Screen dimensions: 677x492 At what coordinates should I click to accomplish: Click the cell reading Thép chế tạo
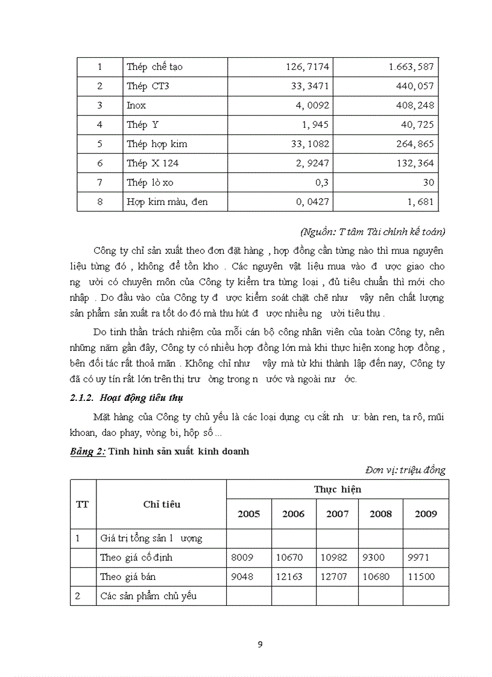[154, 67]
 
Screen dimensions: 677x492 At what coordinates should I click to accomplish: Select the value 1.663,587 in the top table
[411, 67]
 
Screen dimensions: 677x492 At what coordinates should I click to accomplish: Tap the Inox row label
[136, 105]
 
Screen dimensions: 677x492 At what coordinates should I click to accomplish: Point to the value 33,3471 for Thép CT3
[310, 86]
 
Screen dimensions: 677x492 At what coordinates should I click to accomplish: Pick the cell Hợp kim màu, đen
[167, 201]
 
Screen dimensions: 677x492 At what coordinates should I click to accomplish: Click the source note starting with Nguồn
[372, 231]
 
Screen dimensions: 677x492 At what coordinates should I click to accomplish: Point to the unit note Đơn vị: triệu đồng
[405, 470]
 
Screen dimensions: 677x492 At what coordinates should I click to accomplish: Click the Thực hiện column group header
[337, 490]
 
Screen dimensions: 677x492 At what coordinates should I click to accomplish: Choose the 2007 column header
[337, 514]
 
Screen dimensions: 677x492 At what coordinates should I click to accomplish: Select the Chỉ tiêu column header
[161, 505]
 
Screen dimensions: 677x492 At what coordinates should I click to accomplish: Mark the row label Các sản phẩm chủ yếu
[148, 596]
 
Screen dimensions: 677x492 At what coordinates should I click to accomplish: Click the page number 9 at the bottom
[260, 644]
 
